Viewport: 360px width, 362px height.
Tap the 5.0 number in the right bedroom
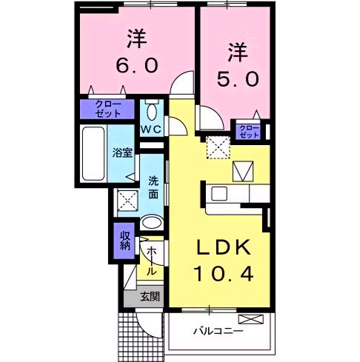click(x=235, y=77)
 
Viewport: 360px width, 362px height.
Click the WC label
click(x=152, y=129)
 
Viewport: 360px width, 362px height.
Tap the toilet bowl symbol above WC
click(x=152, y=111)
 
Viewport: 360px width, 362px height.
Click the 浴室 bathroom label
click(x=122, y=153)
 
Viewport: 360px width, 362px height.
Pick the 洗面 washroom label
click(x=153, y=187)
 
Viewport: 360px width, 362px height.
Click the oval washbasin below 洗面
click(x=153, y=222)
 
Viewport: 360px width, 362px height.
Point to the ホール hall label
click(x=150, y=261)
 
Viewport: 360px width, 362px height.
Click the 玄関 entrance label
click(x=150, y=298)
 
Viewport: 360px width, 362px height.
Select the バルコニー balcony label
click(x=219, y=331)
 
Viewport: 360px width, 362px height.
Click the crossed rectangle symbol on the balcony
click(x=252, y=320)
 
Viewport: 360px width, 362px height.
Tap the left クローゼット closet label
click(x=110, y=110)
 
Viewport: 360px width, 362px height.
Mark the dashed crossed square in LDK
click(x=219, y=147)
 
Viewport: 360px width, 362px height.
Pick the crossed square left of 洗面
click(x=126, y=200)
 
